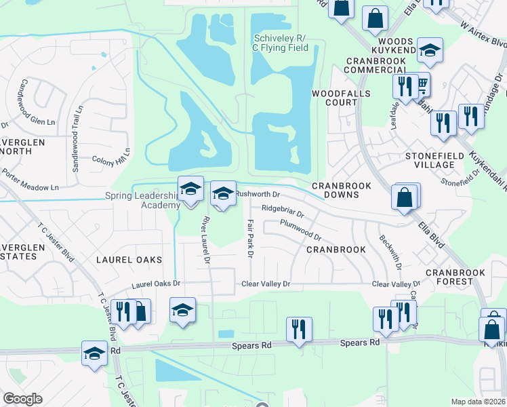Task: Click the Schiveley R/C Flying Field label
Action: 281,43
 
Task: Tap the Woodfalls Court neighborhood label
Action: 334,98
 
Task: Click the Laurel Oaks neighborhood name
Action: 129,260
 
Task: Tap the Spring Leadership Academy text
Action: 142,201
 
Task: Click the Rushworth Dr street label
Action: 254,194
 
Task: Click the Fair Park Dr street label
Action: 249,237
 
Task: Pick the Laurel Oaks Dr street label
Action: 157,284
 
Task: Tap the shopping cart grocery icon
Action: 421,85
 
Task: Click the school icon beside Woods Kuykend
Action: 430,50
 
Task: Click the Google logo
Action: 23,399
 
